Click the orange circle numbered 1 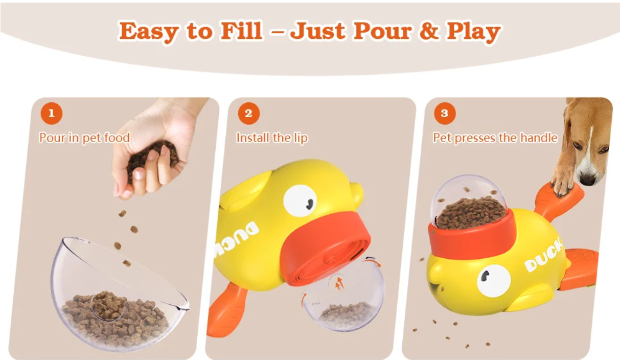pyautogui.click(x=52, y=113)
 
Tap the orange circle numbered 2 pyautogui.click(x=249, y=113)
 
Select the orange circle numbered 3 pyautogui.click(x=445, y=113)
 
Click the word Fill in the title pyautogui.click(x=241, y=31)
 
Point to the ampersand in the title pyautogui.click(x=429, y=31)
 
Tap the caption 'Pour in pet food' pyautogui.click(x=84, y=138)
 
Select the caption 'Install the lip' pyautogui.click(x=272, y=138)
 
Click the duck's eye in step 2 pyautogui.click(x=300, y=200)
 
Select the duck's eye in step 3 pyautogui.click(x=493, y=281)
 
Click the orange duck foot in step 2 pyautogui.click(x=226, y=310)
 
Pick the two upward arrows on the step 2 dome pyautogui.click(x=339, y=283)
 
